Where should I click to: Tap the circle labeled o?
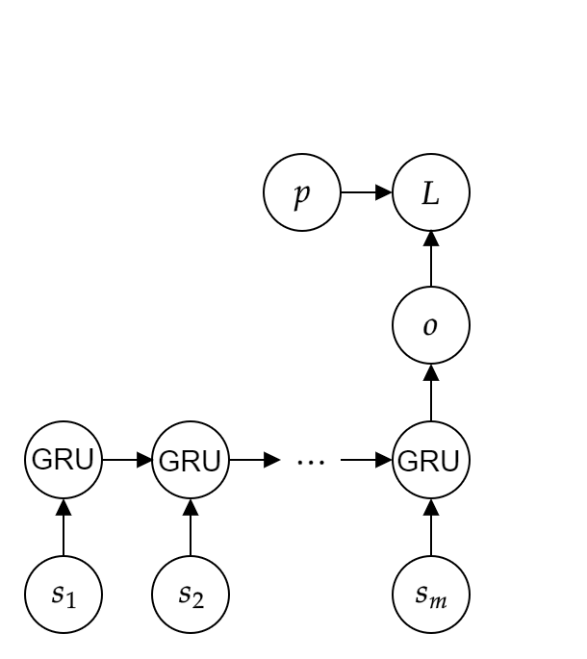click(x=431, y=326)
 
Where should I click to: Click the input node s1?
click(x=64, y=596)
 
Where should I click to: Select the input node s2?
click(x=191, y=596)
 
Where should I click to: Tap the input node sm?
click(x=431, y=596)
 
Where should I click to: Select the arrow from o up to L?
click(x=431, y=260)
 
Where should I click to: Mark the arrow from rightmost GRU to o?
click(x=431, y=393)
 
